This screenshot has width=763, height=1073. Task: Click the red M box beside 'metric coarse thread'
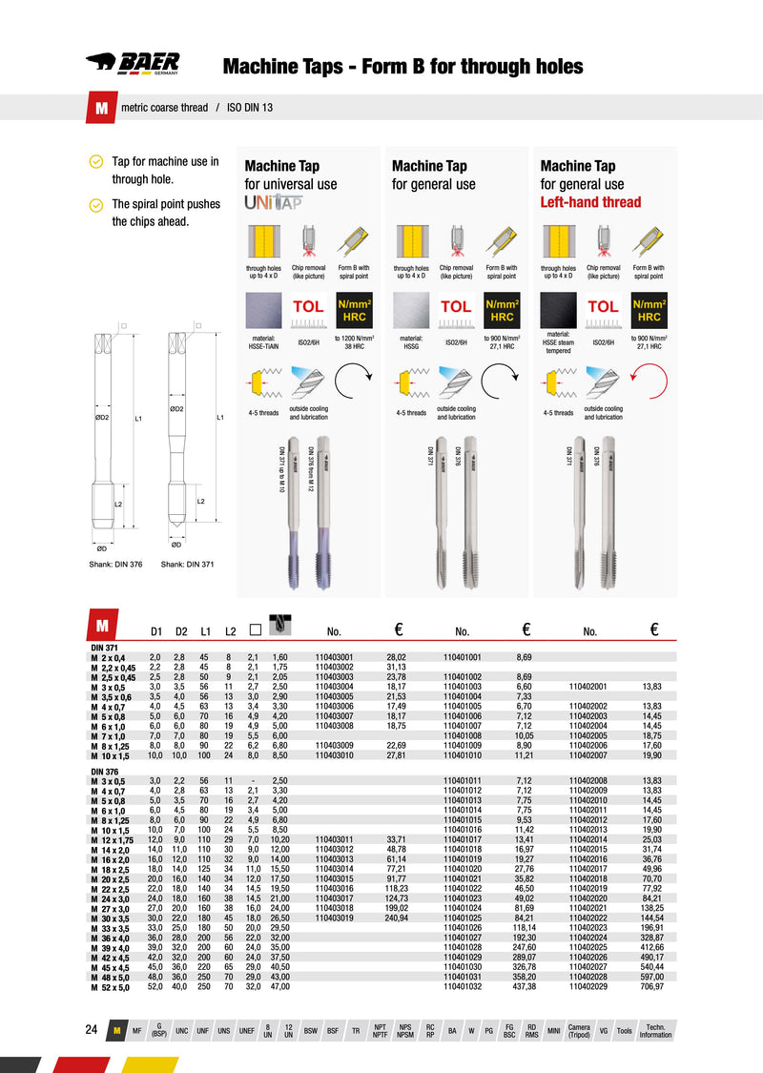point(101,108)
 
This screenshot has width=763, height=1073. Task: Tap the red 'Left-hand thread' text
point(590,202)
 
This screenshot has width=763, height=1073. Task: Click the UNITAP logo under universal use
point(274,203)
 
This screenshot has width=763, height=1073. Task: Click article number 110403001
point(334,657)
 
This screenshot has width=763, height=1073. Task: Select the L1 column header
point(204,631)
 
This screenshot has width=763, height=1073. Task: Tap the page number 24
point(92,1030)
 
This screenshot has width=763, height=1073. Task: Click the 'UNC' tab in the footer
point(181,1031)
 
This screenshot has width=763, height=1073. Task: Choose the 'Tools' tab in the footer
point(624,1031)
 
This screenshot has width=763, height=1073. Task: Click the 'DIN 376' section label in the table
point(104,770)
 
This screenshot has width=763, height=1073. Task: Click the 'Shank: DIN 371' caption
point(187,565)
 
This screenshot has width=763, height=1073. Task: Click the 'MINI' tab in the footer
point(553,1031)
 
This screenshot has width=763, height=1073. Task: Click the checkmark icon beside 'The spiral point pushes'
point(95,204)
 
